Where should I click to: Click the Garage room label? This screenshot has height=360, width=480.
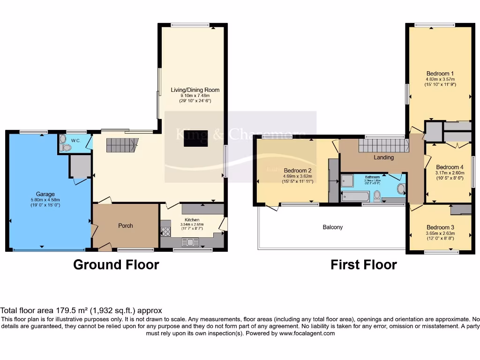45,194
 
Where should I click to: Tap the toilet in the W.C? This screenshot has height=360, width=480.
65,147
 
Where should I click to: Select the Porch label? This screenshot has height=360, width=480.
125,225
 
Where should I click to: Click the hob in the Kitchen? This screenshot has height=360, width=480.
165,231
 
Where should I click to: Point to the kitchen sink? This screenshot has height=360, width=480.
191,242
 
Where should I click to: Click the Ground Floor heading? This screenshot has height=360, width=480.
116,265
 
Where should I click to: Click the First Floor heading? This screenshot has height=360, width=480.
364,265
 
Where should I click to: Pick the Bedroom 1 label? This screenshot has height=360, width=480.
440,74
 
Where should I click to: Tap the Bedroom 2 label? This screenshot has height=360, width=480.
298,171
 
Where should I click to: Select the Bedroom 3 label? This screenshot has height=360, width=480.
440,227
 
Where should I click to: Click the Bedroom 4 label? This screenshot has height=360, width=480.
450,167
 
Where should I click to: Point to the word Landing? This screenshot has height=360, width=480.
383,157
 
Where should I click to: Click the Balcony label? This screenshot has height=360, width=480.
332,227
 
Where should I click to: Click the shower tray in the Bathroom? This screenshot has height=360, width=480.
347,180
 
